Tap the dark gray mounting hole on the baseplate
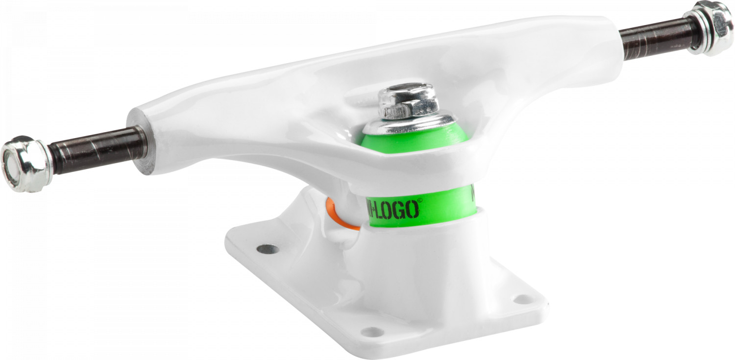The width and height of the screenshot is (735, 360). [268, 249]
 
